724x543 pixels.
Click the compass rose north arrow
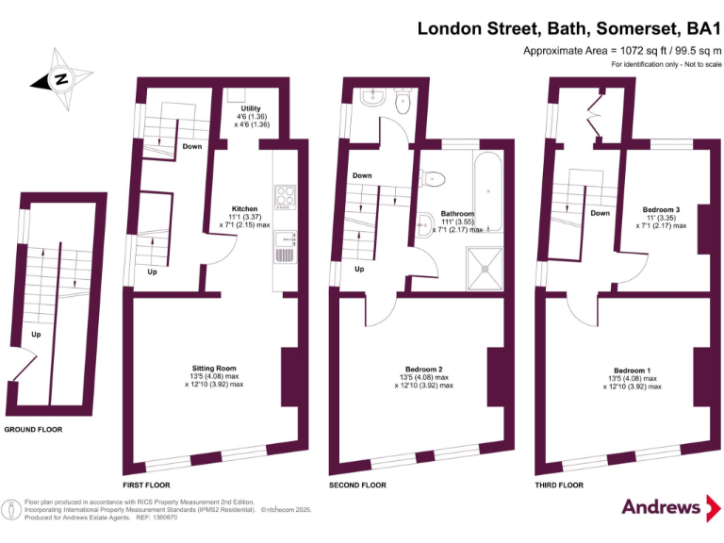tap(60, 79)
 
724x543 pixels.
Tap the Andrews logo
tap(661, 507)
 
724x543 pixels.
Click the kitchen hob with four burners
tap(284, 197)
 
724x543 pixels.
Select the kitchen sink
tap(284, 249)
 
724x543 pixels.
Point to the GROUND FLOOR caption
tap(33, 429)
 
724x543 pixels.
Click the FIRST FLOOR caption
tap(147, 485)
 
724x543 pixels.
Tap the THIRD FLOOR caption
tap(558, 485)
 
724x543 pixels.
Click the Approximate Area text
tap(622, 51)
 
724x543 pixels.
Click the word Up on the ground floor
tap(37, 334)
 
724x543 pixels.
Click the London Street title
tap(569, 28)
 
